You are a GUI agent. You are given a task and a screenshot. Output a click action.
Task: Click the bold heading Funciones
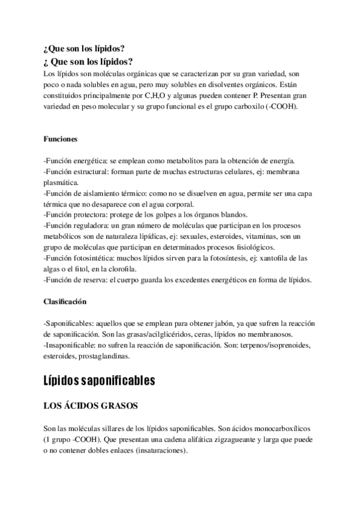tap(61, 139)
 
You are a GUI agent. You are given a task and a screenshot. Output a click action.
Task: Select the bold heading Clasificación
tap(65, 301)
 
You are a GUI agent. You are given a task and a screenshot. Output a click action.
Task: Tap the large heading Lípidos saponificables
tap(100, 381)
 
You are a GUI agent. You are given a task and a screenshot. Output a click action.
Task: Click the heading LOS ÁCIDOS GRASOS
tap(91, 406)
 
